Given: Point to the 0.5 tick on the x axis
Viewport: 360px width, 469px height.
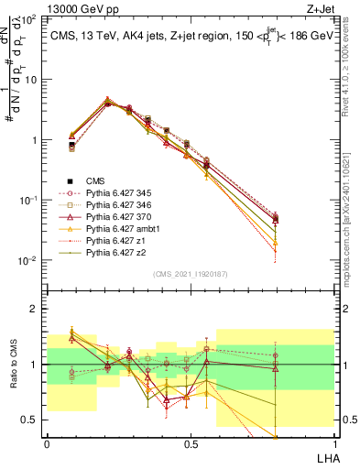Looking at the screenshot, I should [190, 443].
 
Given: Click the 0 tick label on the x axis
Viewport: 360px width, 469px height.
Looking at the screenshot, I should [47, 443].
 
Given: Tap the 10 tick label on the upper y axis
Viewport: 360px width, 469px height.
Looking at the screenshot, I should [33, 80].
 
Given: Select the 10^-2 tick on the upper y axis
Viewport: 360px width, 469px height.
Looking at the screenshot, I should [29, 260].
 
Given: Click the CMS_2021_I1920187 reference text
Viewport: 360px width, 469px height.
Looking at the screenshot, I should [189, 274].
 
